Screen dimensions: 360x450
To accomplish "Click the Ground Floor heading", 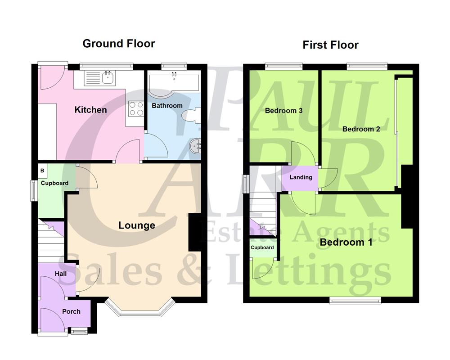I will point(119,44).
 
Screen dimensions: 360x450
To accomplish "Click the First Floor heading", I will point(330,45).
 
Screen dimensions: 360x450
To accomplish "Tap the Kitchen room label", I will point(90,110).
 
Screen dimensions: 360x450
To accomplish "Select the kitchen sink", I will point(108,78).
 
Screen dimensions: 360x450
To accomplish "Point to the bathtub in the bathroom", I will point(173,84).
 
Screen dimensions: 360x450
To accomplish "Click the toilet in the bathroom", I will point(191,115).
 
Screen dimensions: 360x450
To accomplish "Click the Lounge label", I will point(137,225).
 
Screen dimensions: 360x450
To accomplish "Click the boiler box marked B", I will point(42,171).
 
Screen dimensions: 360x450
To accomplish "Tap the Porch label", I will point(71,311).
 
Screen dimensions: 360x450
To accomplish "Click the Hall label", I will point(61,274).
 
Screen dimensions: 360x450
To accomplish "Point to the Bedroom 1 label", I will point(346,243).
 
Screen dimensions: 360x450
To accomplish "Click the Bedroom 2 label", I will point(361,129).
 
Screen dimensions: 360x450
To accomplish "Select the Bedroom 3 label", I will point(283,111).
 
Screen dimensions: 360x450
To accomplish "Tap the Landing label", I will point(301,177).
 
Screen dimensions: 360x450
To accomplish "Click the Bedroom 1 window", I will point(355,301).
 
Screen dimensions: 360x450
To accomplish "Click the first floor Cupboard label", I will point(262,247).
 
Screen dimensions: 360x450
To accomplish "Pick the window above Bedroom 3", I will point(283,67).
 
